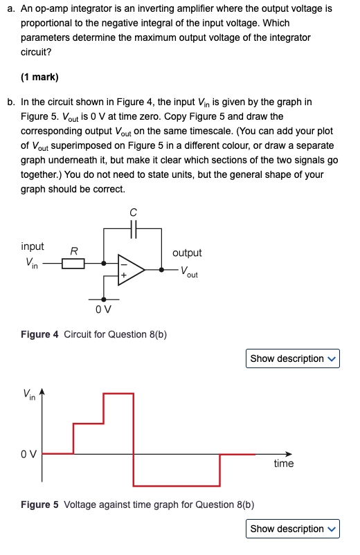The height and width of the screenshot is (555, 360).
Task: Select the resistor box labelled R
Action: tap(73, 264)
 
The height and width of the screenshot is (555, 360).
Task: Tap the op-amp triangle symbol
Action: tap(131, 269)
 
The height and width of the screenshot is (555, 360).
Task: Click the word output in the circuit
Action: tap(187, 253)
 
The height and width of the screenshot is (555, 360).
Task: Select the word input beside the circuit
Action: tap(33, 246)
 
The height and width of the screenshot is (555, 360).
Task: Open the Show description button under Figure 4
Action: tap(292, 358)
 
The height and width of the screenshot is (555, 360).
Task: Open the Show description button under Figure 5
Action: tap(292, 529)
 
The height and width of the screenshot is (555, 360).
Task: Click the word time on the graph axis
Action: tap(283, 464)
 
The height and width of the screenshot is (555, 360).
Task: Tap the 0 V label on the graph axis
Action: tap(29, 455)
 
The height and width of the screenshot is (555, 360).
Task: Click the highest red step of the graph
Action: tap(118, 393)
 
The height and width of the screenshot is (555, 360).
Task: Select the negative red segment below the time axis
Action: tap(177, 485)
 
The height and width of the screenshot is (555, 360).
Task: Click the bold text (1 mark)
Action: tap(39, 77)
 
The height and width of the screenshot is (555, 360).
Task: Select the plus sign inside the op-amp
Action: tap(125, 275)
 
